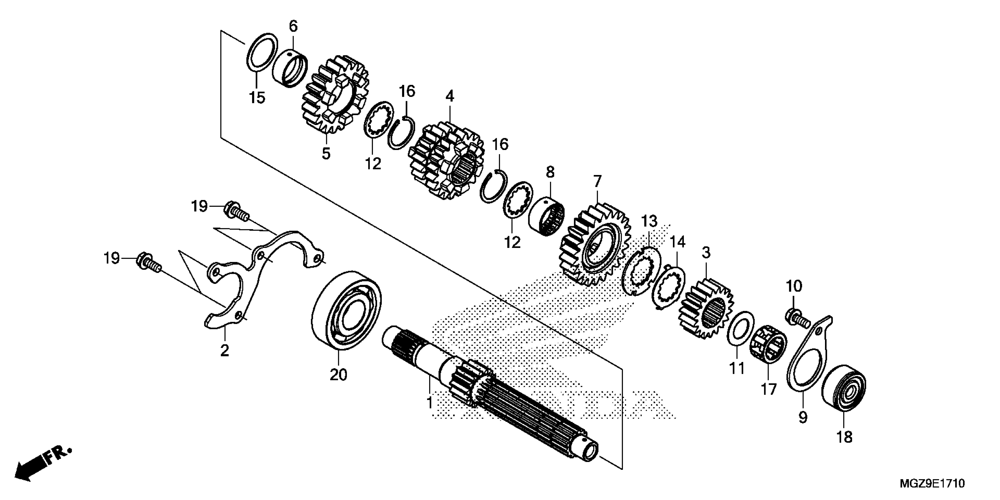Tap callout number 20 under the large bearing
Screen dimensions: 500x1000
(338, 375)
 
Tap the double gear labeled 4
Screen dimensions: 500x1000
(446, 161)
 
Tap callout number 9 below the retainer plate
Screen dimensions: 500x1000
(803, 417)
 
